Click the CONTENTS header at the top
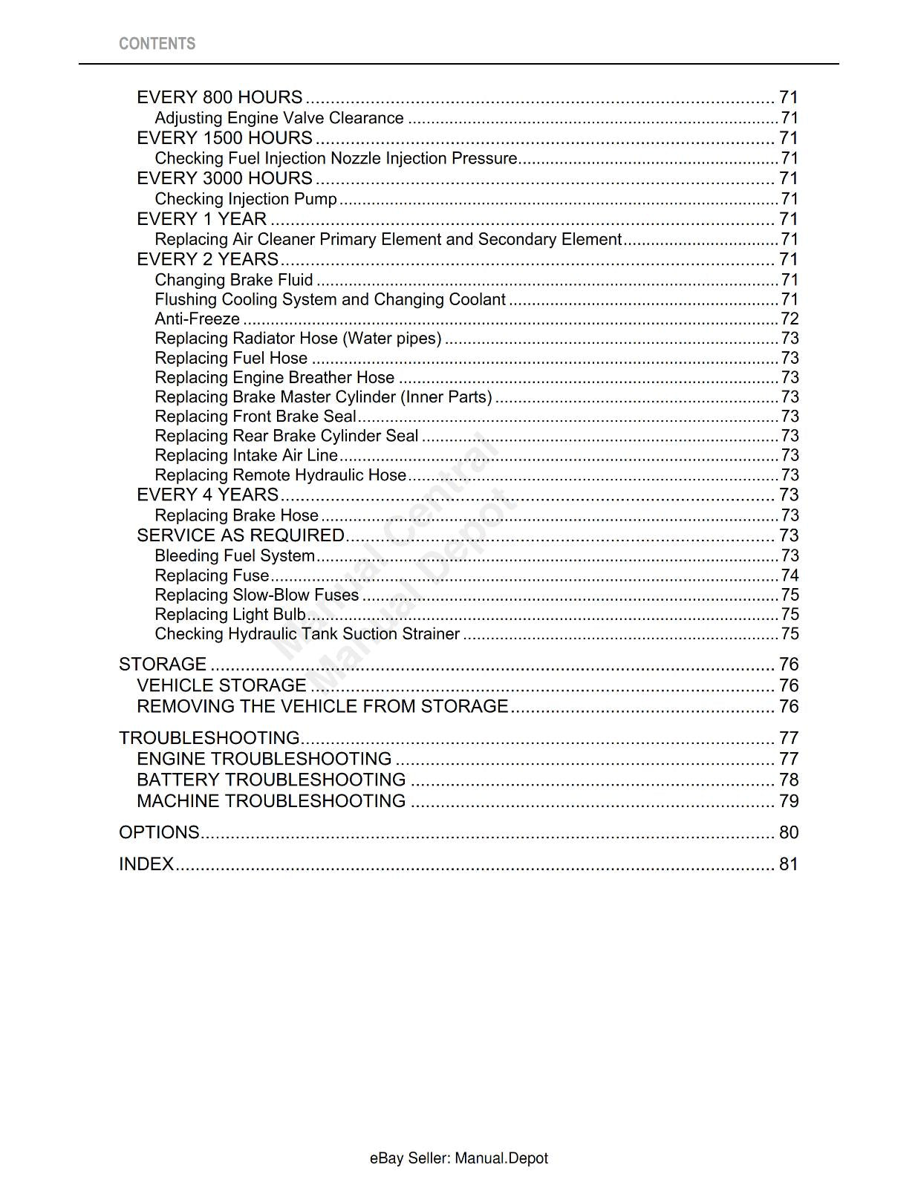[157, 44]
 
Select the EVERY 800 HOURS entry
[220, 97]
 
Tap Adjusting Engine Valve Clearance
[279, 118]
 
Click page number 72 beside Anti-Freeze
[790, 319]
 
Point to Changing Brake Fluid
[234, 280]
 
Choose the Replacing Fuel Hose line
[231, 358]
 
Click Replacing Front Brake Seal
[255, 417]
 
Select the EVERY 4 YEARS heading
[208, 495]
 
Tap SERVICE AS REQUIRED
[241, 535]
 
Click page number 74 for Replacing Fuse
[790, 575]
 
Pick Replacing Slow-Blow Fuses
[257, 595]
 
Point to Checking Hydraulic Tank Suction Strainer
[307, 634]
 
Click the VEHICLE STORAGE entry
[221, 685]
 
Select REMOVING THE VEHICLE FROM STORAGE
[322, 706]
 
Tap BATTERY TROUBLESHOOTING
[271, 780]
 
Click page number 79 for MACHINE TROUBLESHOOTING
[789, 801]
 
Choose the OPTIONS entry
[159, 832]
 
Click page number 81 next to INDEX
[789, 864]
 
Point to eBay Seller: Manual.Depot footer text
[458, 1158]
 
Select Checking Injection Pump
[246, 199]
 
